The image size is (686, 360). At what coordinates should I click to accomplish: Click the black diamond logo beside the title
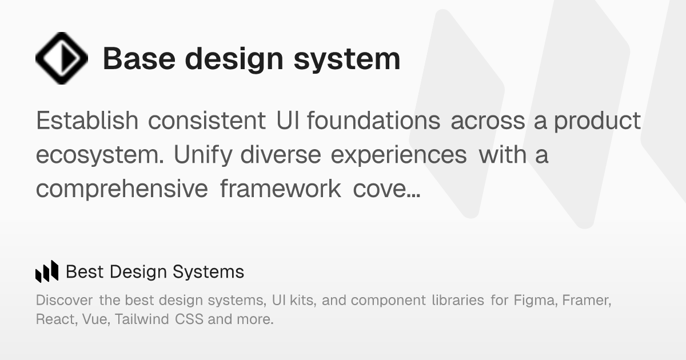(62, 58)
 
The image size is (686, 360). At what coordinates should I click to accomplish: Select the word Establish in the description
(87, 121)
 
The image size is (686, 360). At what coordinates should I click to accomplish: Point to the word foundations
(373, 121)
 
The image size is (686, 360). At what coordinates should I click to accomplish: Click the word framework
(280, 189)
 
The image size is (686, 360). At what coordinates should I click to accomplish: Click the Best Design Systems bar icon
(47, 271)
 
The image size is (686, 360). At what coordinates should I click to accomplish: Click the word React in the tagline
(54, 319)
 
